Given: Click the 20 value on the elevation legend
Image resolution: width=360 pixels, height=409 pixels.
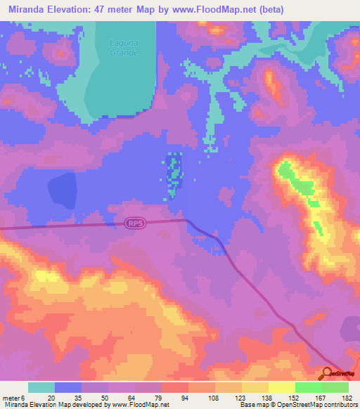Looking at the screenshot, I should tap(51, 398).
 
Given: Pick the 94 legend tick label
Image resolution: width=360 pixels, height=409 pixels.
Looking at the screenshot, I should tap(185, 398).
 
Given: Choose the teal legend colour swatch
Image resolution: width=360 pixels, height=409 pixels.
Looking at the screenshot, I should tap(41, 387).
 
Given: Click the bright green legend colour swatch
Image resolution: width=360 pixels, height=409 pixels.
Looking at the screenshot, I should tap(308, 387).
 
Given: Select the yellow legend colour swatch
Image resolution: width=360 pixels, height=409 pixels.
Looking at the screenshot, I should tap(281, 387).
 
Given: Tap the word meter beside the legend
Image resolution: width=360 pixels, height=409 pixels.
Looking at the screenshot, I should tap(12, 398).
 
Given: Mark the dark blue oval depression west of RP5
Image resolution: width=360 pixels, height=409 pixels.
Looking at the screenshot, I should tap(61, 190).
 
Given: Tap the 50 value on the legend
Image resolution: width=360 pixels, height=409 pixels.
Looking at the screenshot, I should tap(105, 398).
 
